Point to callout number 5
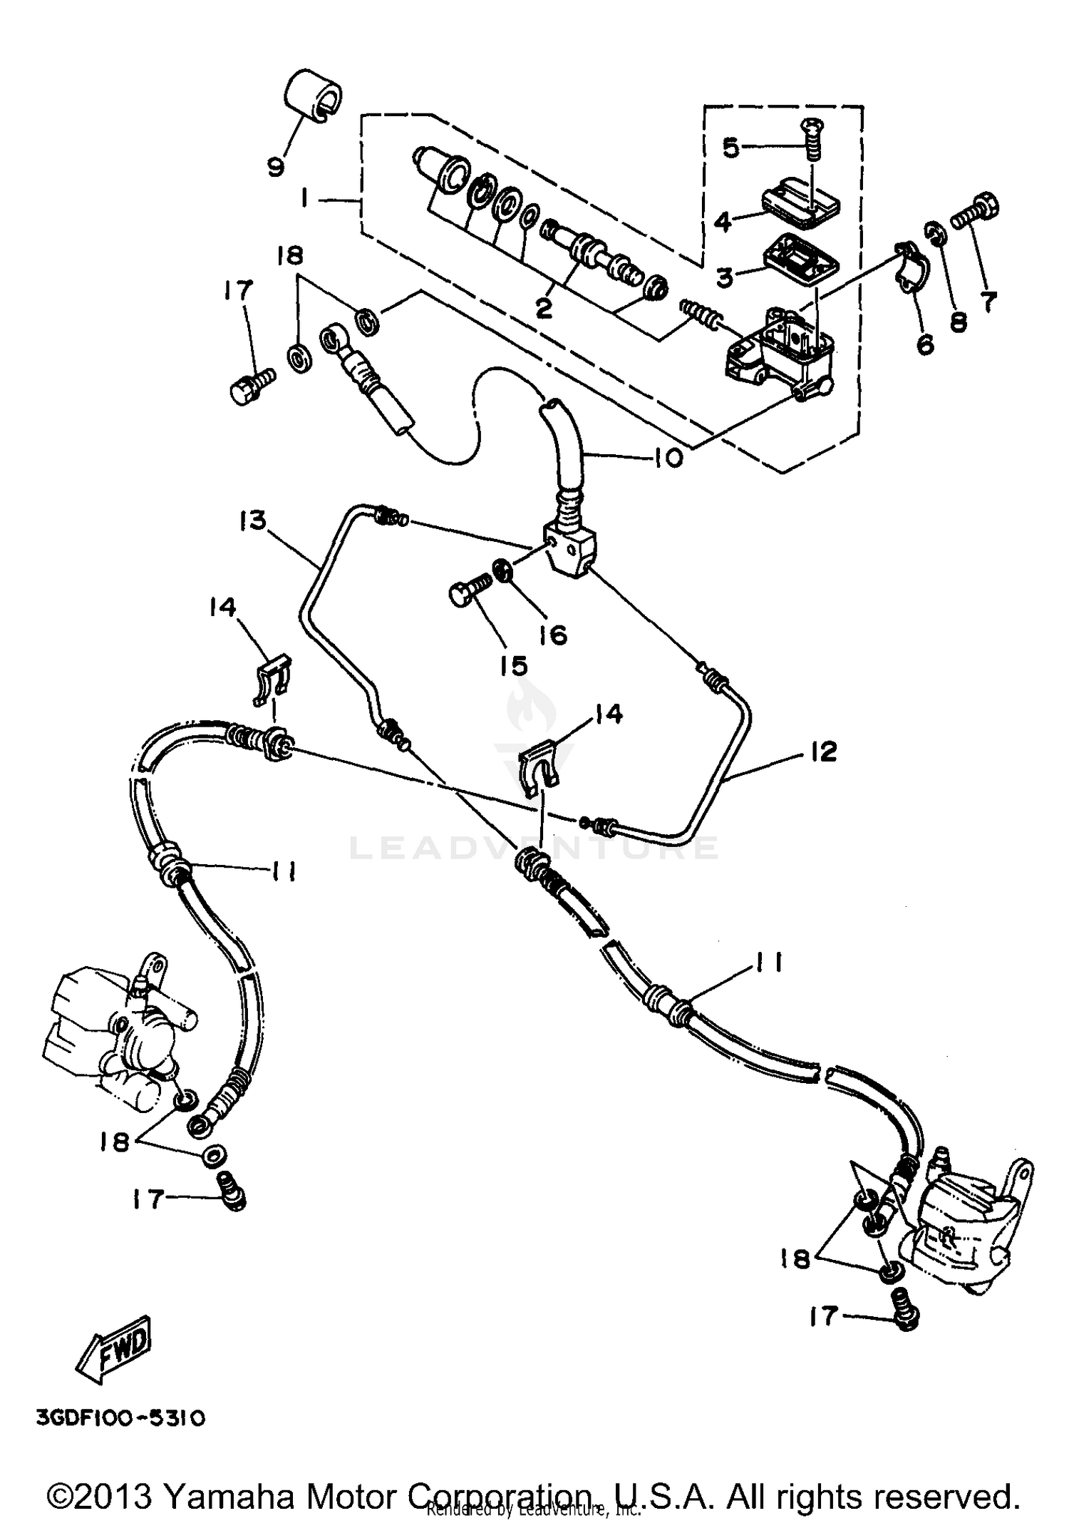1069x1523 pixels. click(x=731, y=148)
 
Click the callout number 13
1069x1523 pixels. click(x=252, y=520)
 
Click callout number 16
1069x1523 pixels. click(x=552, y=634)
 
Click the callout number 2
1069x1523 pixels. click(x=544, y=309)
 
